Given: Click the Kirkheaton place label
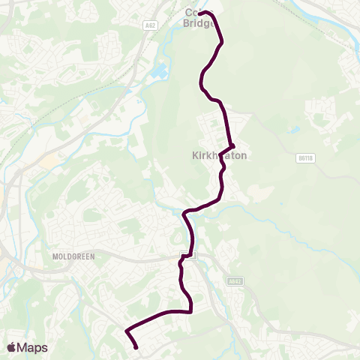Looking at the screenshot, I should tap(214, 155).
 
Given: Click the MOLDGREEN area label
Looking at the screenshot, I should tap(72, 256).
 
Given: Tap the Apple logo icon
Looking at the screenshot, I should tap(12, 347).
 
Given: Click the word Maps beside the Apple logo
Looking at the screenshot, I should tap(32, 347).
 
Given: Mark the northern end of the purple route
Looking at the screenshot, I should tap(200, 12).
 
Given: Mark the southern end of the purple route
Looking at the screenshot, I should tap(136, 347).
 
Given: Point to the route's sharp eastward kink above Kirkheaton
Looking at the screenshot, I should tap(233, 145).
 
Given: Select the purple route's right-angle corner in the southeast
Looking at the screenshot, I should tap(190, 310).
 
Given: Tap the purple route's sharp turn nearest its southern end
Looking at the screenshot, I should tap(126, 330).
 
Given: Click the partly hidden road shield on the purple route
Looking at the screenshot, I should tap(190, 256).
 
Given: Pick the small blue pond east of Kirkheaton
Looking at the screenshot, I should tap(295, 130).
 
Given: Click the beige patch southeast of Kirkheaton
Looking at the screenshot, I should tap(256, 193).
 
